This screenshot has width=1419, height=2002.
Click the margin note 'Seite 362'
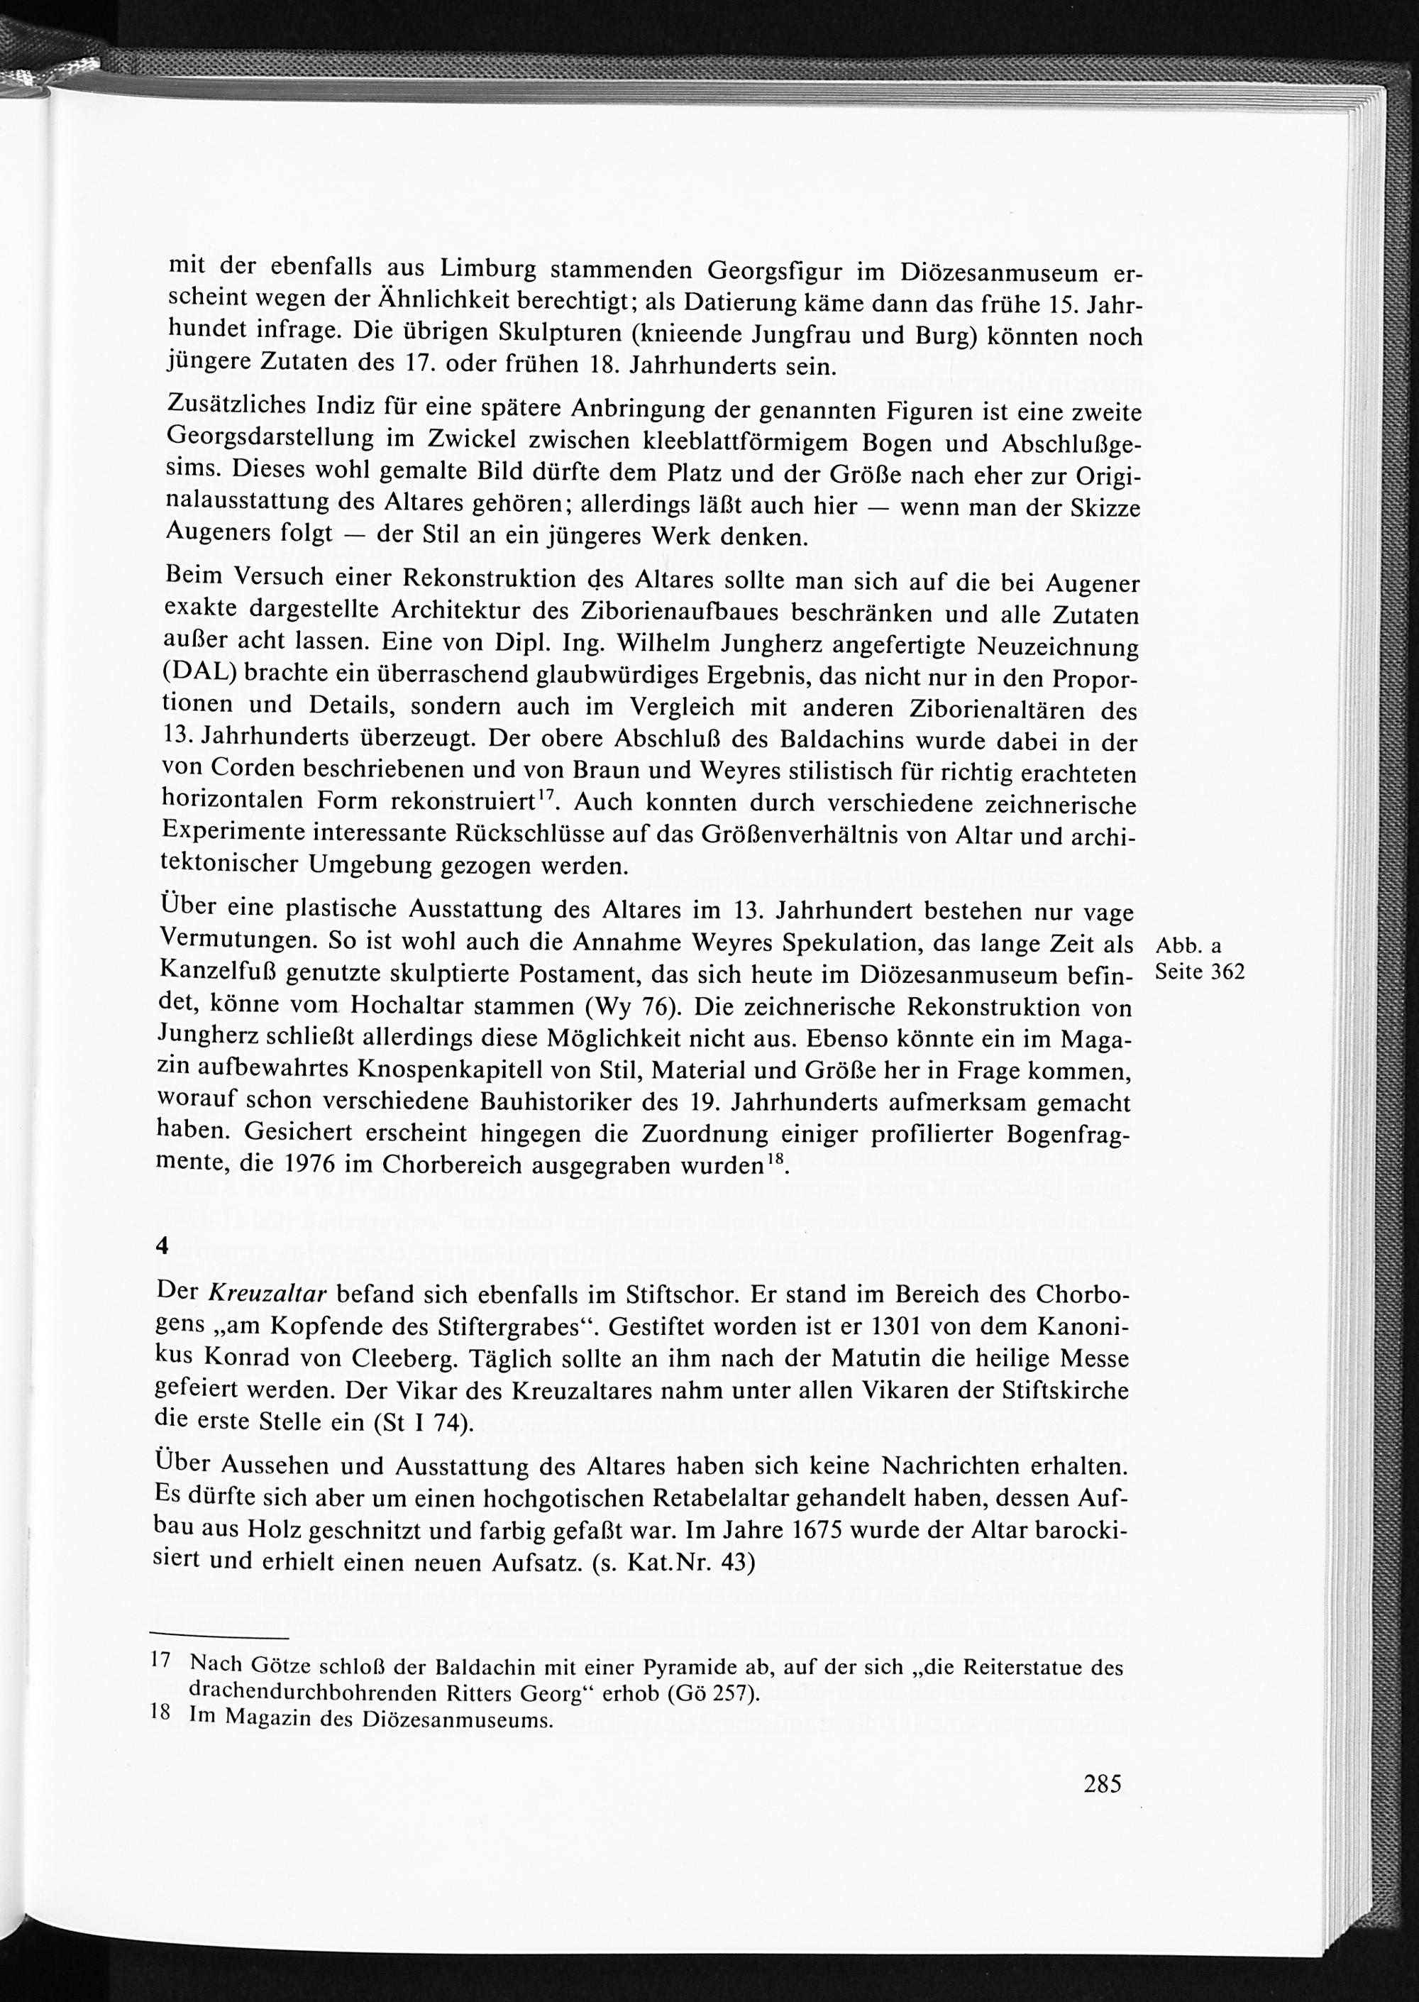[x=1199, y=972]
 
